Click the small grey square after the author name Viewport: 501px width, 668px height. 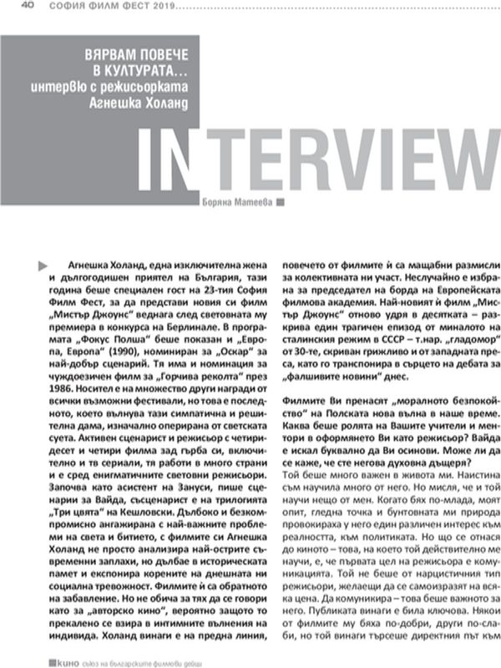(281, 202)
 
